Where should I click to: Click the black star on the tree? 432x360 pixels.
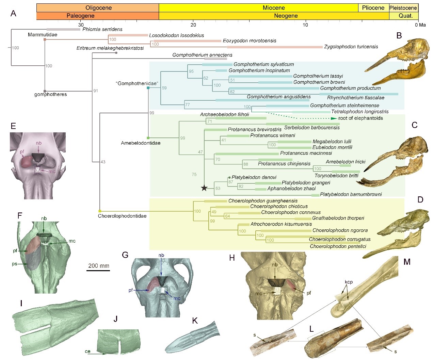204,188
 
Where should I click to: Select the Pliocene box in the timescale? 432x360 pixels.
373,8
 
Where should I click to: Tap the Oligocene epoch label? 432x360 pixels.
98,8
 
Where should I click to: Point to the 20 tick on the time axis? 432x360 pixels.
193,24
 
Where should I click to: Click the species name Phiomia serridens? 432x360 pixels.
102,29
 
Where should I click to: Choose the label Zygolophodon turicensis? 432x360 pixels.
351,47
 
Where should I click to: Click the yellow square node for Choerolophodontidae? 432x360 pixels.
100,211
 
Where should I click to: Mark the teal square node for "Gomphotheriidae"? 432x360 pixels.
148,88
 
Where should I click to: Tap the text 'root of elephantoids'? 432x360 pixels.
361,118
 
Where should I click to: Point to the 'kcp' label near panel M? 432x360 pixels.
349,282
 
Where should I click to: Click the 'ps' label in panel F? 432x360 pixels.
15,264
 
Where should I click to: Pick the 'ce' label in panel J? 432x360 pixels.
87,351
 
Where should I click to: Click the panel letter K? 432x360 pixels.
195,321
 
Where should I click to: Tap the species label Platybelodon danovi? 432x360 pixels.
254,177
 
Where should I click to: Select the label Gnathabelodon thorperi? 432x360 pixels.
338,218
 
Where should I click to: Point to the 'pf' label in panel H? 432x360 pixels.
309,293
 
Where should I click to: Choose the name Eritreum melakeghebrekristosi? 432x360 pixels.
110,48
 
